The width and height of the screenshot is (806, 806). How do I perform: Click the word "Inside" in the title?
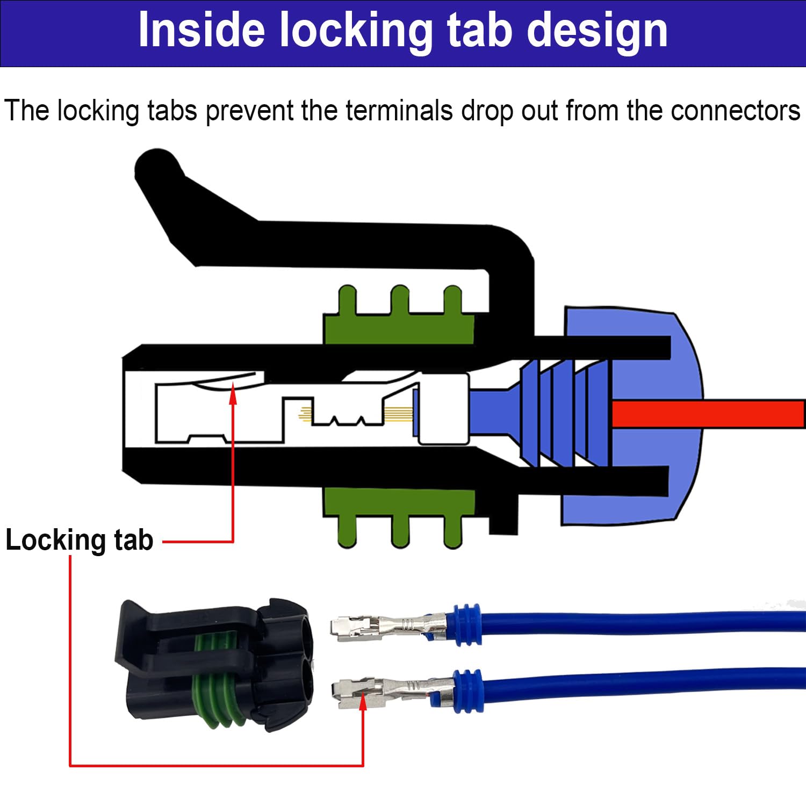(201, 31)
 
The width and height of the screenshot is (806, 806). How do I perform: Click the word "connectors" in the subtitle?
(735, 111)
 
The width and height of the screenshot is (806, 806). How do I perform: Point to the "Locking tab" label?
(79, 540)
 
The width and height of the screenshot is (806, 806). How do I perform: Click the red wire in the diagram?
(709, 414)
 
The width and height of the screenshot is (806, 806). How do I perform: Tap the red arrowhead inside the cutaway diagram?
(233, 395)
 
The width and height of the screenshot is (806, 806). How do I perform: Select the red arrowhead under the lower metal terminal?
(363, 701)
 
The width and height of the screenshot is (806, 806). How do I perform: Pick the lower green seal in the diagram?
(399, 510)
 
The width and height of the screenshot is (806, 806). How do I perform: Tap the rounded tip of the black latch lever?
(156, 167)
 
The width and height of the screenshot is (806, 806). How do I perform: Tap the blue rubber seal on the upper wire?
(466, 624)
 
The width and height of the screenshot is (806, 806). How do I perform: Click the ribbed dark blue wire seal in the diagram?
(564, 414)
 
